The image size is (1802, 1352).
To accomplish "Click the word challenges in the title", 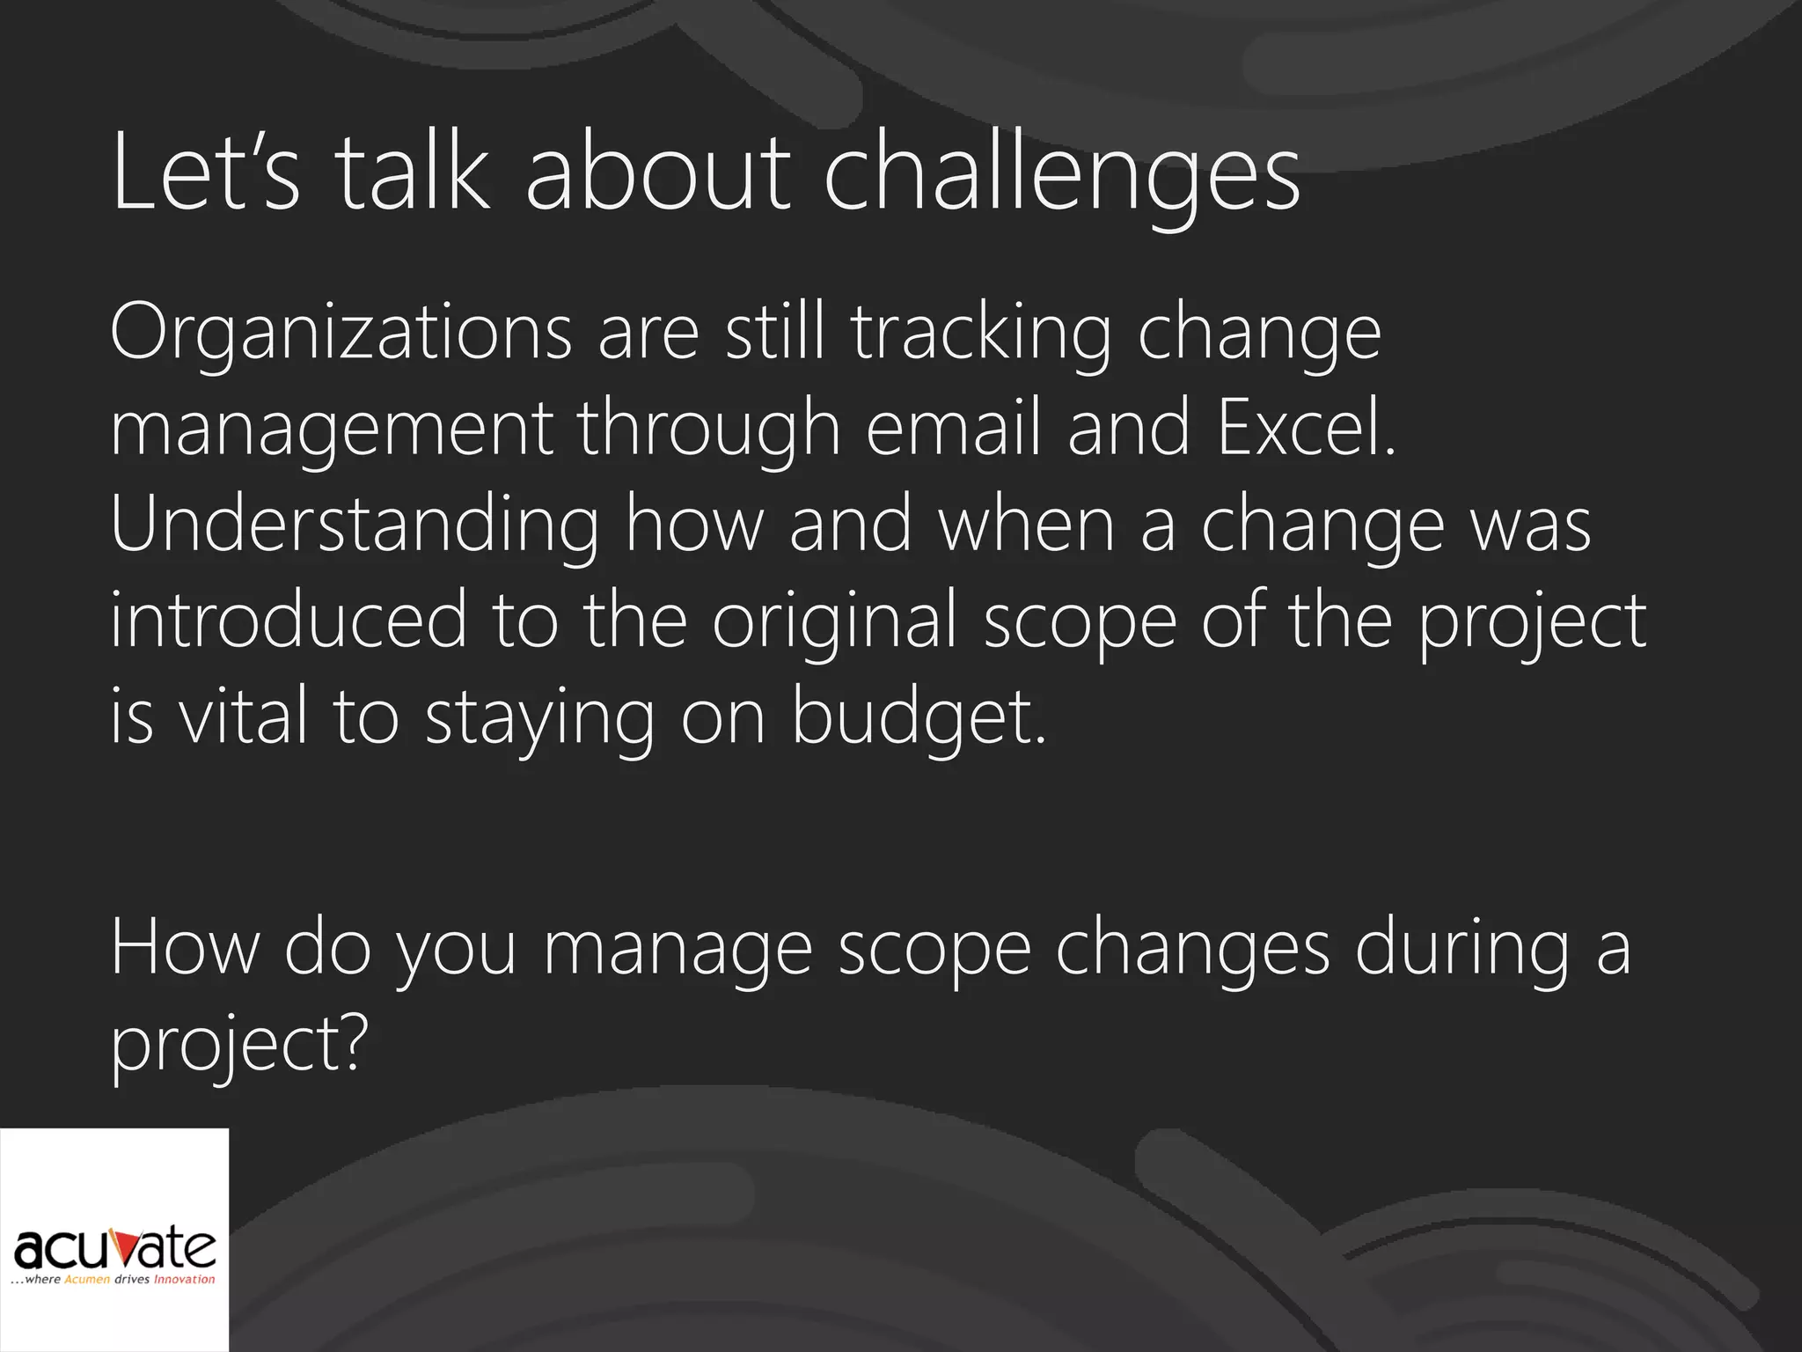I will tap(1061, 176).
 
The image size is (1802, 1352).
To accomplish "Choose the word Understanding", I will tap(355, 526).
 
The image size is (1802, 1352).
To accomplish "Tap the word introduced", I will tap(289, 621).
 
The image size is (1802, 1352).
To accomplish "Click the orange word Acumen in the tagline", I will tap(87, 1279).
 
